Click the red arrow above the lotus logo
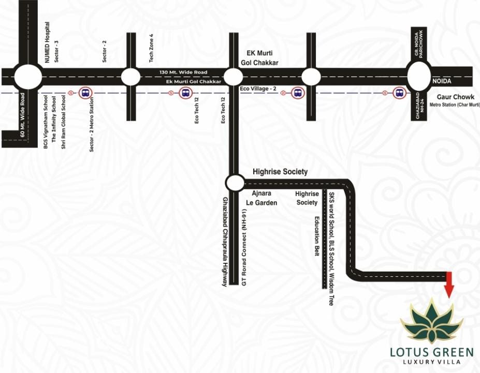[448, 284]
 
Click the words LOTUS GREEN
[431, 352]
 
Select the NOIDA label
[443, 82]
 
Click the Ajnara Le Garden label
[264, 198]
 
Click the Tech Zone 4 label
[151, 48]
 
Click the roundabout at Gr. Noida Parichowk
[419, 76]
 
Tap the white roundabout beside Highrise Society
[235, 182]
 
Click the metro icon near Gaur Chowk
[398, 93]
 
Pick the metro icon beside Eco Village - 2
[297, 93]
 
